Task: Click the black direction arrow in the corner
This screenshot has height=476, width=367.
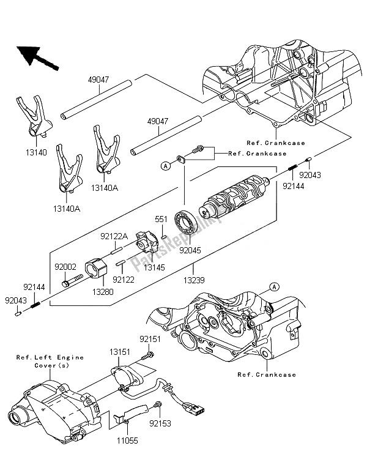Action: [36, 57]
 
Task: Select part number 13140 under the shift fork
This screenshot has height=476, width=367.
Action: [36, 152]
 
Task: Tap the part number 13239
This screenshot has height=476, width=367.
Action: [194, 280]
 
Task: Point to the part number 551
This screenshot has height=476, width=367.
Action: [161, 219]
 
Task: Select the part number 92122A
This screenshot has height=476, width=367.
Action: [114, 236]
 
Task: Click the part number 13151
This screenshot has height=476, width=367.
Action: [120, 352]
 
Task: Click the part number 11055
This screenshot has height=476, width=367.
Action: [127, 440]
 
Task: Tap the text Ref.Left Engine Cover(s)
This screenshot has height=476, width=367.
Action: [50, 361]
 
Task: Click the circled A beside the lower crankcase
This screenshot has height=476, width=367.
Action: [274, 286]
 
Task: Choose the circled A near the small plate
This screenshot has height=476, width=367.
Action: [165, 166]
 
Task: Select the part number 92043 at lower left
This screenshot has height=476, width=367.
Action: [16, 300]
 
